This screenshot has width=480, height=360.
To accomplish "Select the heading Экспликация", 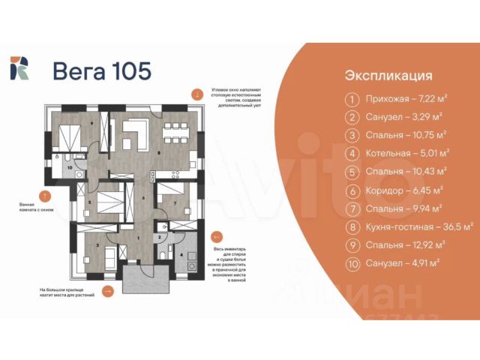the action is click(x=388, y=76).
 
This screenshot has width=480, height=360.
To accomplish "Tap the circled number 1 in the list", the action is click(x=350, y=99).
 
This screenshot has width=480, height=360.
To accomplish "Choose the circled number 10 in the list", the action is click(x=350, y=262).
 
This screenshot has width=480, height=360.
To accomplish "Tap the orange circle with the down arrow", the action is click(x=196, y=94).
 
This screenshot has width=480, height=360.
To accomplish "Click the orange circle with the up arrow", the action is click(x=44, y=196).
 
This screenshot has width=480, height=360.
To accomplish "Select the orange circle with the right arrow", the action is click(x=109, y=292).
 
